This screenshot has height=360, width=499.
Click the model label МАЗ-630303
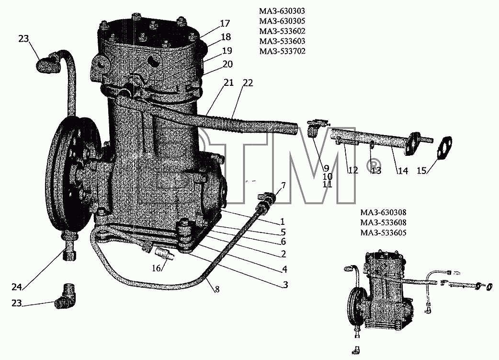[x=282, y=11]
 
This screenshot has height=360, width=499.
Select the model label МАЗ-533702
[x=282, y=51]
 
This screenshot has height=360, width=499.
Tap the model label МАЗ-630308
[x=383, y=212]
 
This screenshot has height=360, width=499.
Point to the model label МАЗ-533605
[x=383, y=233]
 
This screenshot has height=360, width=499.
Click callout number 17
[x=225, y=23]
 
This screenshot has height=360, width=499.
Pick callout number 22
[x=248, y=83]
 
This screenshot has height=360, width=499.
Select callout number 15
[x=422, y=171]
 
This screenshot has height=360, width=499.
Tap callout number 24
[x=17, y=287]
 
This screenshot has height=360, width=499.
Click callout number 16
[x=156, y=268]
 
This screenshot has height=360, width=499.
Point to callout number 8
[x=217, y=290]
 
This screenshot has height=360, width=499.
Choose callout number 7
[x=283, y=186]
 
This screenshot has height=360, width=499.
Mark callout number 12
[x=353, y=170]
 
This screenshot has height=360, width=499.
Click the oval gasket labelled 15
[x=445, y=148]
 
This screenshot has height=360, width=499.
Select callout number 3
[x=285, y=284]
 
